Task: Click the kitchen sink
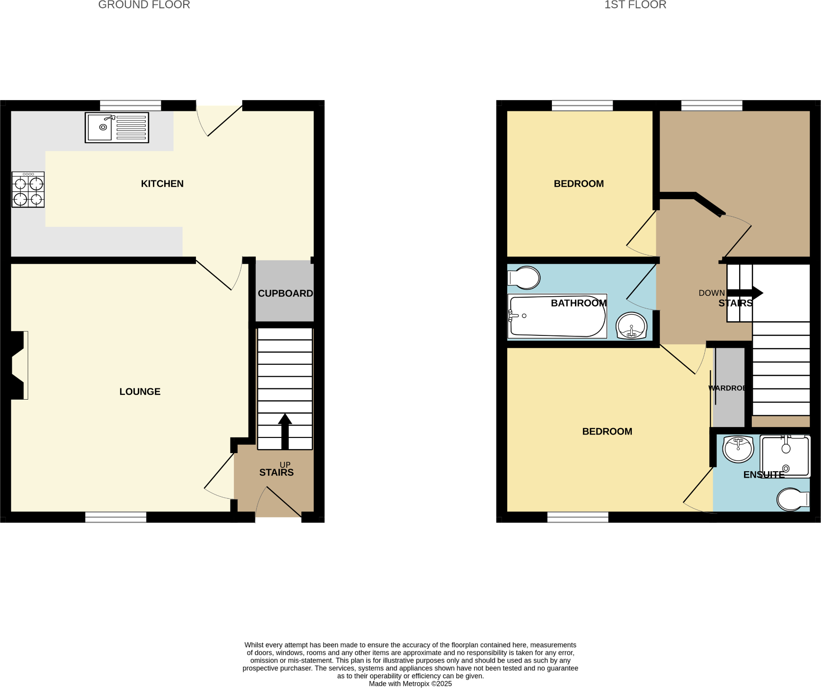tap(117, 127)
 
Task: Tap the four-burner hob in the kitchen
tap(28, 190)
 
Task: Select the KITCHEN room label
tap(162, 184)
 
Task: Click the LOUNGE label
tap(140, 392)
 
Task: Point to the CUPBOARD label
tap(285, 294)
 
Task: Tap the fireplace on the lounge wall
tap(19, 365)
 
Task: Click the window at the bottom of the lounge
tap(116, 517)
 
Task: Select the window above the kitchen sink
tap(130, 105)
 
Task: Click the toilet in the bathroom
tap(524, 278)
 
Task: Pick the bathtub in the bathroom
tap(557, 316)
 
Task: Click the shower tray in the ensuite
tap(785, 456)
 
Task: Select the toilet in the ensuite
tap(792, 499)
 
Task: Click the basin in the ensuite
tap(738, 449)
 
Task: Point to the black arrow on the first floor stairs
tap(745, 293)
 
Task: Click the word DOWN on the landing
tap(711, 293)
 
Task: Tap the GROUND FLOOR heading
tap(144, 5)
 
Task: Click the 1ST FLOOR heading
tap(635, 5)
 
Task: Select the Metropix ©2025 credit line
tap(410, 684)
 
